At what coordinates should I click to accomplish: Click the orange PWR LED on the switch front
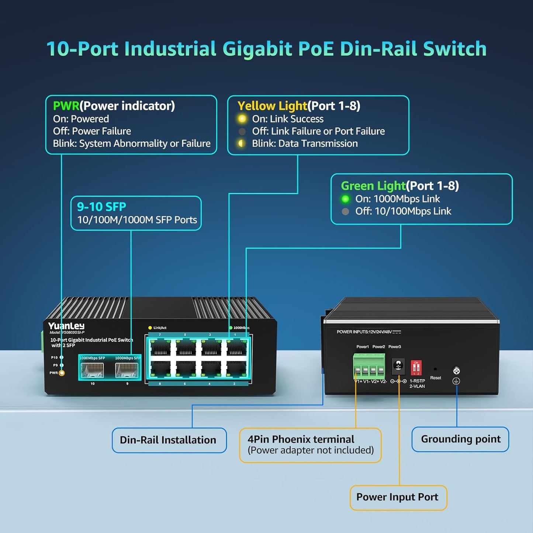(62, 373)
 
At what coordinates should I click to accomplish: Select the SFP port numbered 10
(92, 370)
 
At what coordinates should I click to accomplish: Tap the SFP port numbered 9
(127, 370)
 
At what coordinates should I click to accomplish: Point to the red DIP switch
(416, 368)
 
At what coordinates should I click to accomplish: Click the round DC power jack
(398, 366)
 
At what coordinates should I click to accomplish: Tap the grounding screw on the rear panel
(456, 371)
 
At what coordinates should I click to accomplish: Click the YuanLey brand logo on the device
(66, 326)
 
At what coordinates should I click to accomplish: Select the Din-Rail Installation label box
(169, 440)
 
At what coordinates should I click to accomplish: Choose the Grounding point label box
(460, 439)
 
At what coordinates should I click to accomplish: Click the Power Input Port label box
(398, 497)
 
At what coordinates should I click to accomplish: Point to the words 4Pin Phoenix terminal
(301, 439)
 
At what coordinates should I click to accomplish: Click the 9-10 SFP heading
(101, 207)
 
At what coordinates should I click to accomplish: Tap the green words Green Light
(373, 186)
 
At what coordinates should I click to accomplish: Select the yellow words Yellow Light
(272, 106)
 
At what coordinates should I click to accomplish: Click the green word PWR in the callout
(66, 106)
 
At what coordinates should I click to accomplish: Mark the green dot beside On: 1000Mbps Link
(345, 199)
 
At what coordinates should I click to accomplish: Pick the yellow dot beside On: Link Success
(242, 119)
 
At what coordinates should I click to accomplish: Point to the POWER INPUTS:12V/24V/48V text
(368, 332)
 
